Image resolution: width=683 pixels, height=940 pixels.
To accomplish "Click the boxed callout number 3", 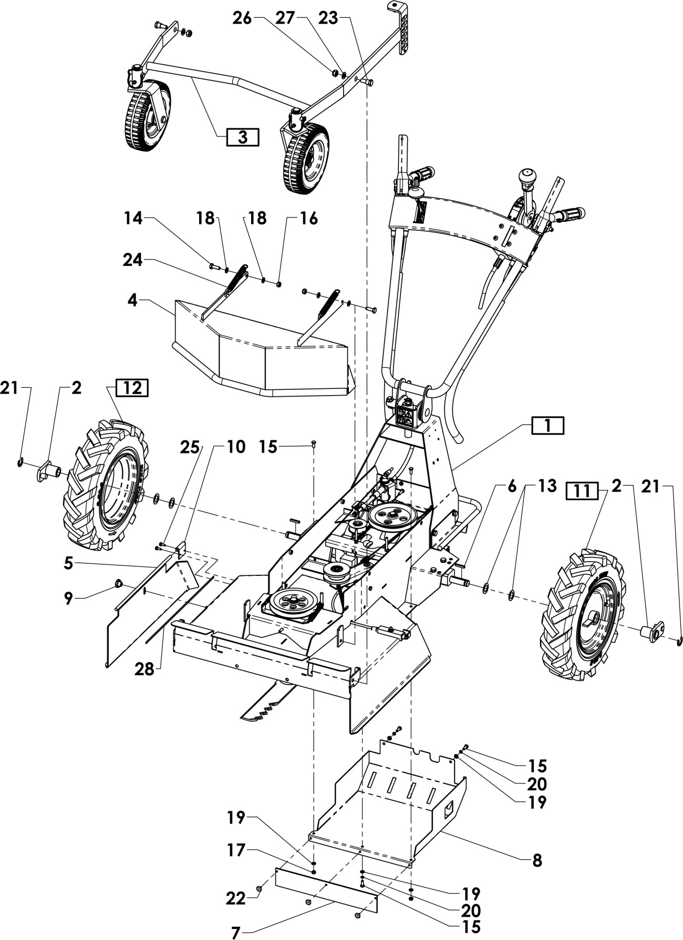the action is point(242,137).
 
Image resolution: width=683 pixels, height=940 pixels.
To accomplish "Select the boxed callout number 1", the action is point(547,425).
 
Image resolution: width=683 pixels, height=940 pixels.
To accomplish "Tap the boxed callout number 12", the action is point(132,388).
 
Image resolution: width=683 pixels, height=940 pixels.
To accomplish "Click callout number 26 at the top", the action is point(243,18).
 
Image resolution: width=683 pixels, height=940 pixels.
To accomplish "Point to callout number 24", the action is point(133,260).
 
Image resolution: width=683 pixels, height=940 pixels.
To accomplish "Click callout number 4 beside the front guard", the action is point(132,301).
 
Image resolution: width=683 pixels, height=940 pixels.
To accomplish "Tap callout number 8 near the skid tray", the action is point(537,860).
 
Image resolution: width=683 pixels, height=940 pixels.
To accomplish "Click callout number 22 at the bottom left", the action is point(236,898).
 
